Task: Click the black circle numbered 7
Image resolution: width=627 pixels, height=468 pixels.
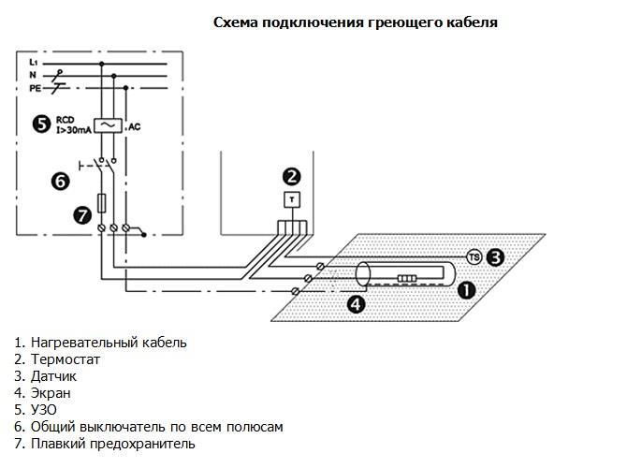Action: (80, 215)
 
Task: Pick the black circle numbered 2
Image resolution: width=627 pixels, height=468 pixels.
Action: (292, 175)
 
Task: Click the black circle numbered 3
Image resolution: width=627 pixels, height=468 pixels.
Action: (497, 255)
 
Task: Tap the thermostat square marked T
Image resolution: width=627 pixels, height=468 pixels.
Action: (292, 199)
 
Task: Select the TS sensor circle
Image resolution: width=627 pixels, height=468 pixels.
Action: (474, 256)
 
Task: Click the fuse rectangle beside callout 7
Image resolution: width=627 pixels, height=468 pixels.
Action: (101, 203)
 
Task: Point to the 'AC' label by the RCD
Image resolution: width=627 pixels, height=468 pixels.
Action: (135, 125)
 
